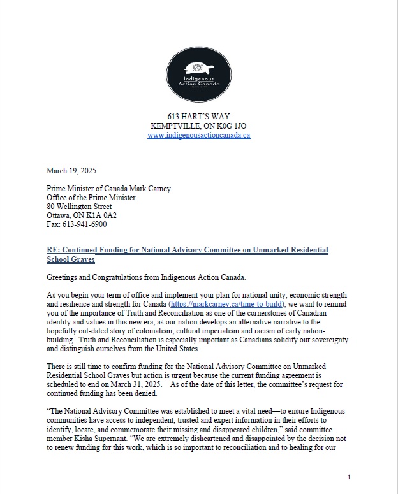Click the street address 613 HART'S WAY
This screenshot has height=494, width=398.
pos(198,117)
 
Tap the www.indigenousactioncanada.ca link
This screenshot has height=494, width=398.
pos(198,135)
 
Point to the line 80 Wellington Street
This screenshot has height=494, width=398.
pos(79,207)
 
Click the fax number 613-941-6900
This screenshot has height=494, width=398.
pos(84,224)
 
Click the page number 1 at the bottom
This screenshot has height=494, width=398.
pos(349,477)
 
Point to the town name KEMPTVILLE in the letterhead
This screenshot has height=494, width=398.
pos(174,126)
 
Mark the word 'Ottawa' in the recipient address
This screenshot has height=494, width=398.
pos(59,215)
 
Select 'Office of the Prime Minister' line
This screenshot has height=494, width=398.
pos(91,198)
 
